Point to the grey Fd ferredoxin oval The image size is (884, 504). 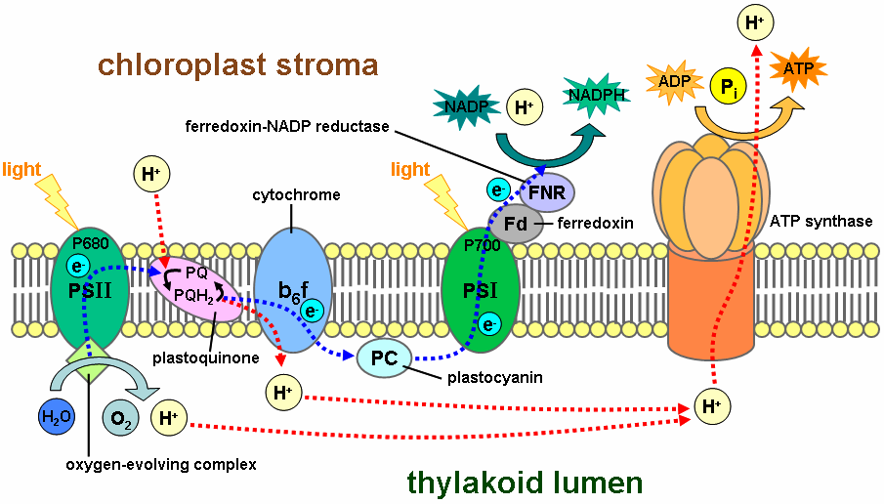(x=516, y=224)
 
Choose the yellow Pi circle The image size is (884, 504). (x=726, y=87)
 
